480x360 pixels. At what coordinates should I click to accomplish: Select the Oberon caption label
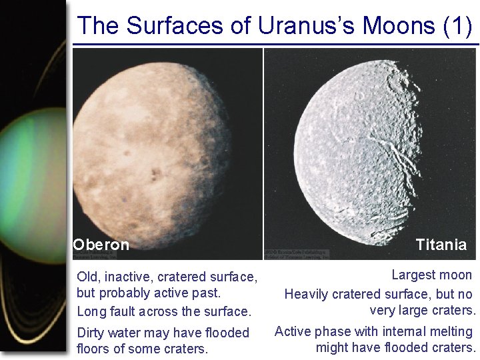(x=101, y=245)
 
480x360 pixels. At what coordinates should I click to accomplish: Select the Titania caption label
(x=441, y=245)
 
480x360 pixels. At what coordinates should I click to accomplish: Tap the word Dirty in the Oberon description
(x=93, y=332)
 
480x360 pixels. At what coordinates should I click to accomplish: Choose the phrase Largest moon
(x=431, y=275)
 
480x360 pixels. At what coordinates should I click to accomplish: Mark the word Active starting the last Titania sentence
(x=293, y=331)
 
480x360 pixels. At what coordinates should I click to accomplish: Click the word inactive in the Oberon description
(x=131, y=276)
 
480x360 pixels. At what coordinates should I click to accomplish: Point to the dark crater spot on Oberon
(x=156, y=175)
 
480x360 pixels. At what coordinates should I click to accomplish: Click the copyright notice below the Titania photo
(x=296, y=255)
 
